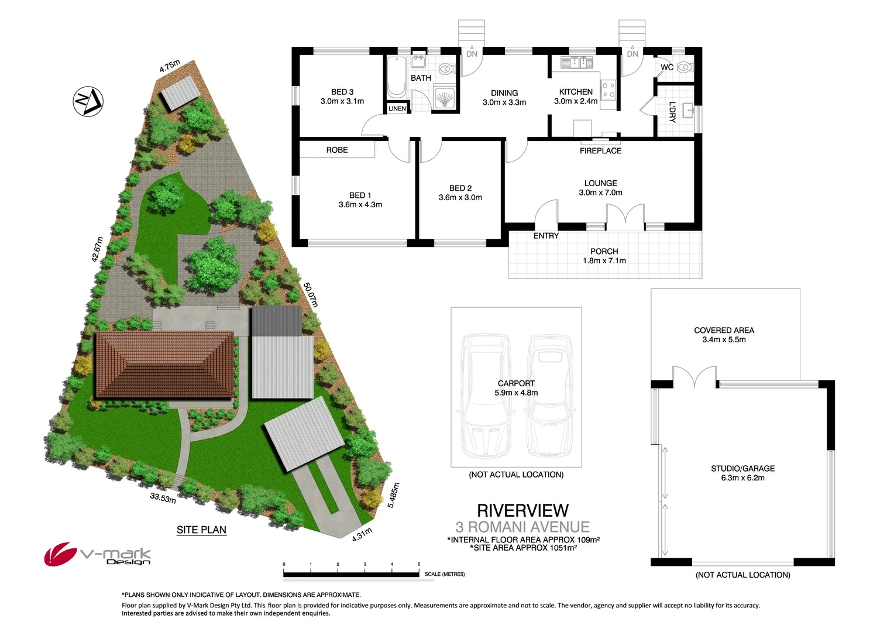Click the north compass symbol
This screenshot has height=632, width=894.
[88, 101]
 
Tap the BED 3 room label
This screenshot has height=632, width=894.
[342, 92]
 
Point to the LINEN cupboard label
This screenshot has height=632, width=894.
[397, 108]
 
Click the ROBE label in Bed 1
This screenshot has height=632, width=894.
[337, 150]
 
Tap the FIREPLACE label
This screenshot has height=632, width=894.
[600, 151]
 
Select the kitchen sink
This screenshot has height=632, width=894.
[576, 62]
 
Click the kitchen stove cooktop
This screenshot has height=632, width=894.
[609, 90]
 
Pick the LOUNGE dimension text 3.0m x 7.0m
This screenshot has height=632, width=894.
[600, 193]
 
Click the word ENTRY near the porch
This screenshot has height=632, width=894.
[546, 236]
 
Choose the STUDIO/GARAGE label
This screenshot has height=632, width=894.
[742, 468]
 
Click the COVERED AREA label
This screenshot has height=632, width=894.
[724, 330]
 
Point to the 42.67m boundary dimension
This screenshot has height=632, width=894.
[97, 249]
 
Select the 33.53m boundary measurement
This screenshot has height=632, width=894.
[163, 498]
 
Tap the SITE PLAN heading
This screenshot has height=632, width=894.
[201, 530]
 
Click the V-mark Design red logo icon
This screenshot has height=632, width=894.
[60, 553]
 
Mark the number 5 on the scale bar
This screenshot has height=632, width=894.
[419, 564]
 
